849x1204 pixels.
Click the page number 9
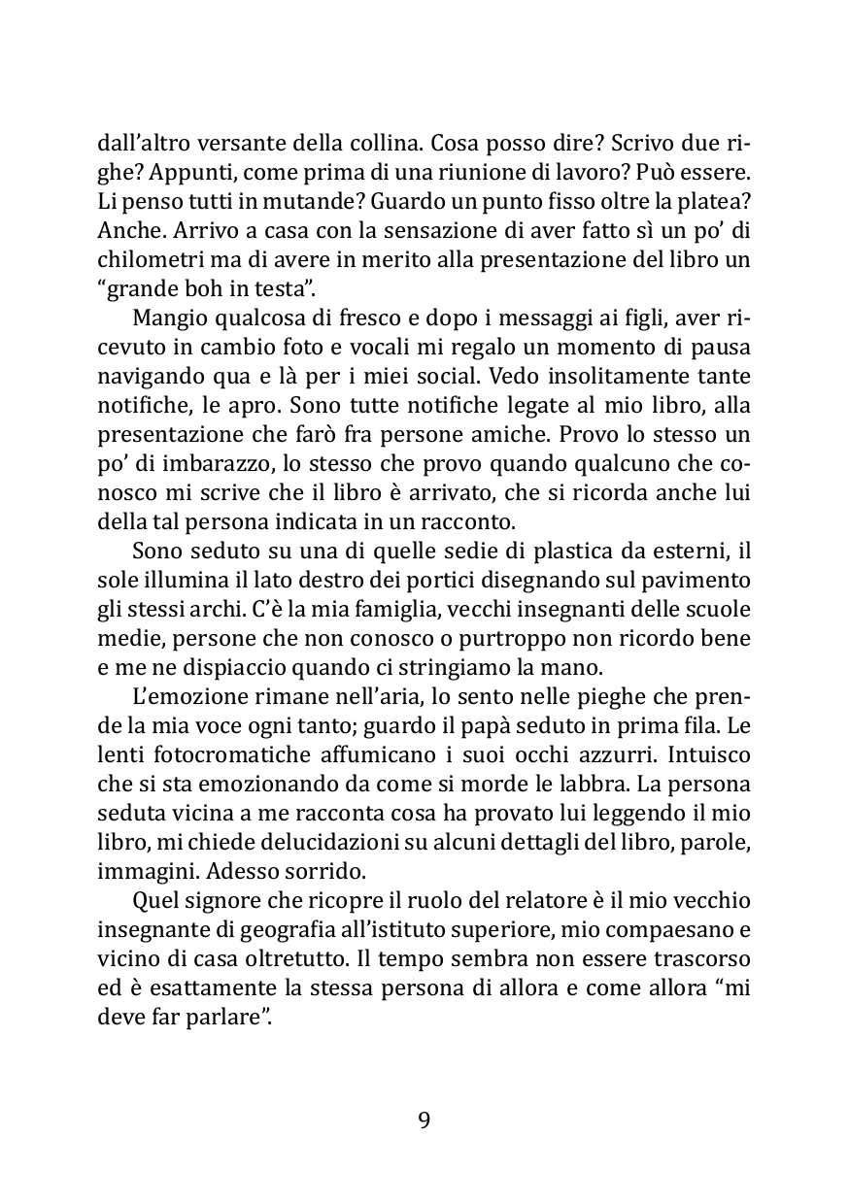pos(424,1120)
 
